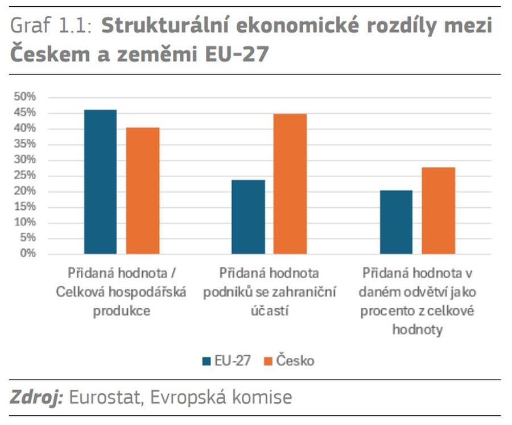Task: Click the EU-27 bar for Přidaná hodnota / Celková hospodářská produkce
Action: tap(100, 181)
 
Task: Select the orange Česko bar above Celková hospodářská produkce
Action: tap(143, 191)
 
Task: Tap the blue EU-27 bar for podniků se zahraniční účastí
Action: tap(248, 217)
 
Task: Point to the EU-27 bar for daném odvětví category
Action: tap(396, 222)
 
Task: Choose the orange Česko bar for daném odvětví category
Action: tap(438, 211)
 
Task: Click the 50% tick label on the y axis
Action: tap(24, 97)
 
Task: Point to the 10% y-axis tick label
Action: tap(24, 222)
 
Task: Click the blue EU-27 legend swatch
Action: tap(207, 361)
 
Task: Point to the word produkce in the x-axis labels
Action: tap(121, 311)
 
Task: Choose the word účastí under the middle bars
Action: tap(269, 311)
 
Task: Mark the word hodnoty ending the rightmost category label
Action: tap(417, 330)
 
